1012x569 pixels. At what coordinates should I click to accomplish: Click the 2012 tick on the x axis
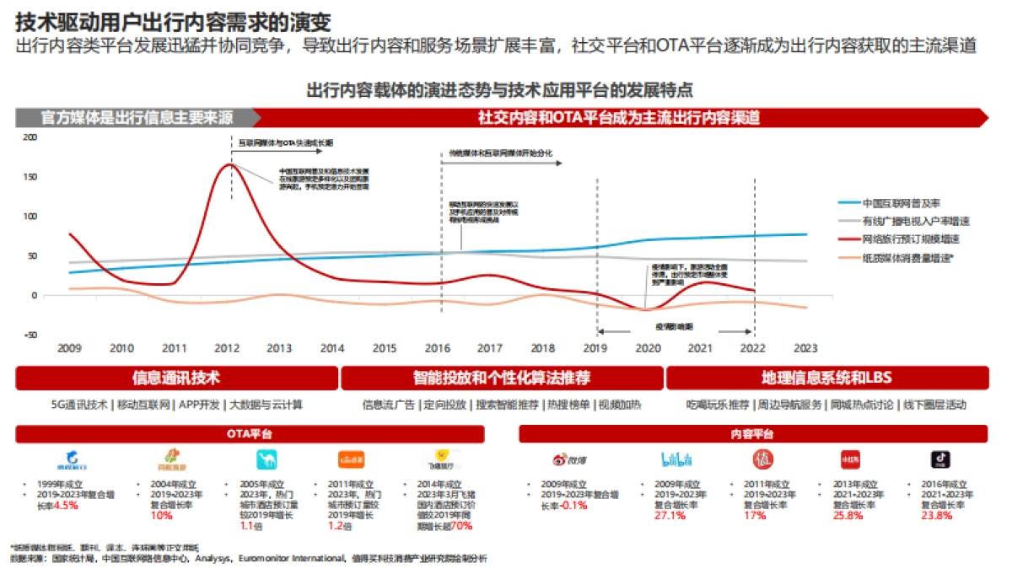click(226, 348)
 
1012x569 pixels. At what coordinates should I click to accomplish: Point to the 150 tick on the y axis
click(30, 177)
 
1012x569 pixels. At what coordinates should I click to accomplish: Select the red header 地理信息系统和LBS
click(826, 378)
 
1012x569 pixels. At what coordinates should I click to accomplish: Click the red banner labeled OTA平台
click(250, 434)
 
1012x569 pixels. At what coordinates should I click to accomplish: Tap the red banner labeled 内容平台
click(751, 434)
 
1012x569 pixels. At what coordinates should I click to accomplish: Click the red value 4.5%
click(66, 505)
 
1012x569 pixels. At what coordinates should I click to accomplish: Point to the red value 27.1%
click(670, 515)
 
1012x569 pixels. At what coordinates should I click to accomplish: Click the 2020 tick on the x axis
click(647, 348)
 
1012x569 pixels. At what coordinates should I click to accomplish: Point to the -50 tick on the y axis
click(30, 335)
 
